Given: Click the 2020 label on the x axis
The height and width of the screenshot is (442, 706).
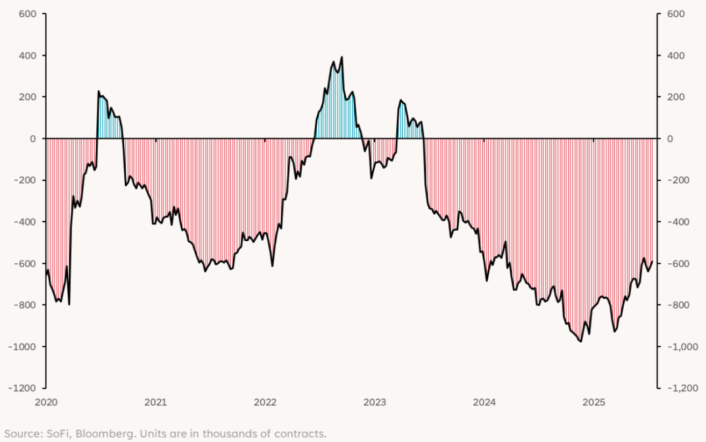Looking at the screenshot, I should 46,402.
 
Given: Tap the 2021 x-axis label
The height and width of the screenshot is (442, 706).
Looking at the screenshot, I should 155,402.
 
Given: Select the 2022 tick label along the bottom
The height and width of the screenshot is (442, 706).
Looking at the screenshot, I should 265,402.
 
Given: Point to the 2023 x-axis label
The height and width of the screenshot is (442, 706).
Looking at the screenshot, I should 375,402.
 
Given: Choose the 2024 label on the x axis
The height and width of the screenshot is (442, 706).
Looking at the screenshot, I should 484,402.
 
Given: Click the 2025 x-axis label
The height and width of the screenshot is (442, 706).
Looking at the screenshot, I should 594,402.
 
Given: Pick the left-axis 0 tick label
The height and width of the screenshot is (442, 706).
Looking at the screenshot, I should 32,139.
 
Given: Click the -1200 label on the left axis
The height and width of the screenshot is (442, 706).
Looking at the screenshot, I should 22,388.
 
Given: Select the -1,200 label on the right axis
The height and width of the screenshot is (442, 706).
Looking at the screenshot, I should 679,388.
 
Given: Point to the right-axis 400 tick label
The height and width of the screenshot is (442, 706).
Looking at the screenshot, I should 676,55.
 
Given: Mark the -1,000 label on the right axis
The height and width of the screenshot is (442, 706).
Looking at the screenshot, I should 679,347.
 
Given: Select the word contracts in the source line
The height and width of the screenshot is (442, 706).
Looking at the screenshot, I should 303,434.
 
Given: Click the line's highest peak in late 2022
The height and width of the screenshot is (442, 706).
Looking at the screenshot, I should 342,57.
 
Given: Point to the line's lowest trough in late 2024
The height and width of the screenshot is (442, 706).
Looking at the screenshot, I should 581,341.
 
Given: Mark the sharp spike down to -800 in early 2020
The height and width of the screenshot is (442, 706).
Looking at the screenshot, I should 69,304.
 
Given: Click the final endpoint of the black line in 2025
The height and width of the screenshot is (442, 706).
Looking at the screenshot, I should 652,262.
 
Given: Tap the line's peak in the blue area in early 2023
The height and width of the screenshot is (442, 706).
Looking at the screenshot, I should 401,100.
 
